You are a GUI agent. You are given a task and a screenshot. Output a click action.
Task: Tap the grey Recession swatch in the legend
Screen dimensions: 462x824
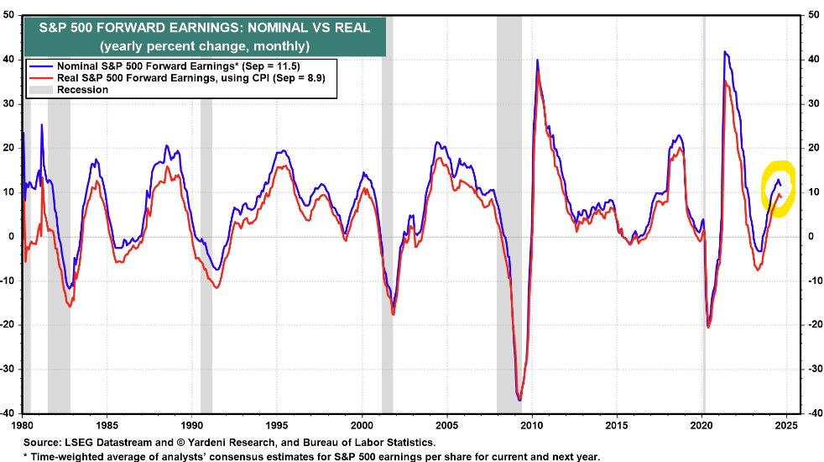click(40, 90)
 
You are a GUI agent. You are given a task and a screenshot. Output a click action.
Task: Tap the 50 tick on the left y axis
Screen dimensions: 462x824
click(9, 14)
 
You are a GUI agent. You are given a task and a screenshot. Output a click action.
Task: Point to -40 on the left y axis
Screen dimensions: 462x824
click(8, 413)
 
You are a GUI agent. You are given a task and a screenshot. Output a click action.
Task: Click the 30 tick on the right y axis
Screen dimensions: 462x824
click(812, 103)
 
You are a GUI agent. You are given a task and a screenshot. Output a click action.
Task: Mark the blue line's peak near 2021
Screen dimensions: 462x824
click(724, 52)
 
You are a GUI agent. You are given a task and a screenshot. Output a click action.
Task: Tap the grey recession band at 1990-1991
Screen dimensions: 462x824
click(206, 252)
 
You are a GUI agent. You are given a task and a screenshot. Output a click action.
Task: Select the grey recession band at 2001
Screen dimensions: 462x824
click(387, 252)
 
